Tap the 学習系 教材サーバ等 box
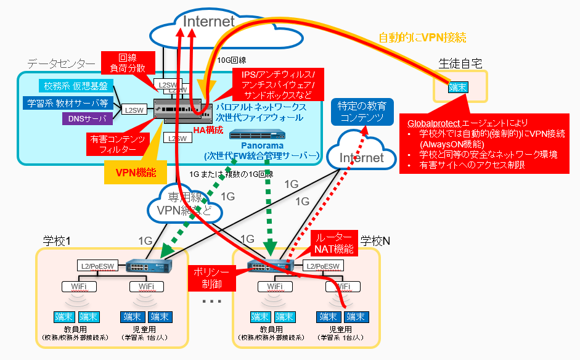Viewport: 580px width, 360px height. [x=68, y=102]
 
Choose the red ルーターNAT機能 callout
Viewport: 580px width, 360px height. [x=334, y=244]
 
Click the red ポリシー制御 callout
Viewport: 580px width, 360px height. [x=211, y=279]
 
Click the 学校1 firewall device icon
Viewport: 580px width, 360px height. [x=144, y=266]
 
